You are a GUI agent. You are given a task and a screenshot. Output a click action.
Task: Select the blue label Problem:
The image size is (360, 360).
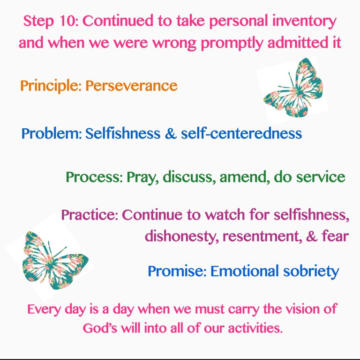(x=51, y=134)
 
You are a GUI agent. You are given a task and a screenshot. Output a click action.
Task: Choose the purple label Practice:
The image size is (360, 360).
(x=89, y=215)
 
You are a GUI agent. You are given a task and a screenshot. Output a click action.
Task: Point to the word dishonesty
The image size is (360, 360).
(x=181, y=236)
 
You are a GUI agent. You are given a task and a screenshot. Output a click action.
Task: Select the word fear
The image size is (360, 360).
(x=335, y=236)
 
